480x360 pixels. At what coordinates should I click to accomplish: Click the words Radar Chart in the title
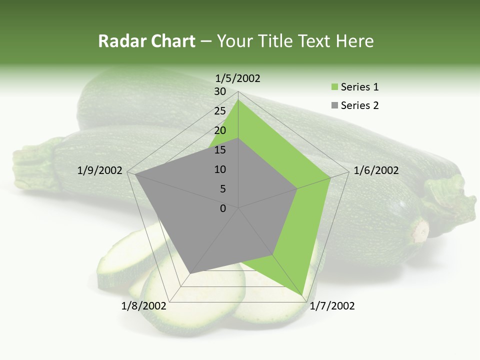tap(146, 41)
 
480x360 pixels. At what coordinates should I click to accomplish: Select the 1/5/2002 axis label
tap(237, 78)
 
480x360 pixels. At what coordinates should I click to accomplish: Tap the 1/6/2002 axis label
tap(376, 170)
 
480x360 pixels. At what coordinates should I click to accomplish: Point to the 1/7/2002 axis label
tap(332, 306)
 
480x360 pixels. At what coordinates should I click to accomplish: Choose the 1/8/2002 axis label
tap(143, 306)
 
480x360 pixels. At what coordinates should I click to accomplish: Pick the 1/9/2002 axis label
tap(100, 170)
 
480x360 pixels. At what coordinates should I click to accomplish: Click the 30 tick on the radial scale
tap(219, 91)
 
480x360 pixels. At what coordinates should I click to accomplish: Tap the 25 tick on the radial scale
tap(219, 111)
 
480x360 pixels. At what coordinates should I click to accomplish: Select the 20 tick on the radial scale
tap(219, 130)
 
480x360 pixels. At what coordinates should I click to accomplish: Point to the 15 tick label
tap(219, 150)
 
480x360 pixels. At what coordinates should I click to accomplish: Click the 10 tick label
tap(219, 169)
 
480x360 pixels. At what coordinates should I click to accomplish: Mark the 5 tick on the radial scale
tap(222, 189)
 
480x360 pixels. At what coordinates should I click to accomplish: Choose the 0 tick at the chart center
tap(223, 208)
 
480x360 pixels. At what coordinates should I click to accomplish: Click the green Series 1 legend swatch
tap(334, 87)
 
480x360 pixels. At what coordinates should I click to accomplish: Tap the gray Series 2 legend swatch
tap(334, 105)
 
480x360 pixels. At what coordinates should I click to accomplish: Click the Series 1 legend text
tap(359, 87)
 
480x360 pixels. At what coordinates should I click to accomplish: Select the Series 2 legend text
tap(359, 105)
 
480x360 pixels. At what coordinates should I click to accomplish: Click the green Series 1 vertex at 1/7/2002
tap(302, 295)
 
